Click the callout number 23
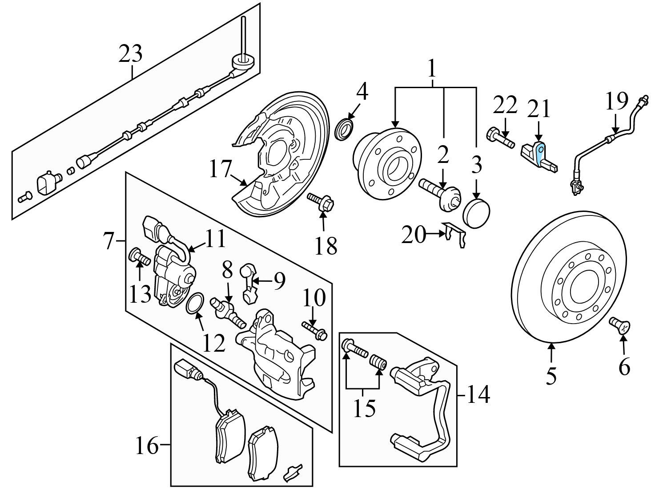pyautogui.click(x=130, y=54)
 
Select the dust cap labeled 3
pyautogui.click(x=476, y=214)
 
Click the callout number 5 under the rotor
pyautogui.click(x=551, y=376)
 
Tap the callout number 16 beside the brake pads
pyautogui.click(x=147, y=446)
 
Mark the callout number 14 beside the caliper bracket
pyautogui.click(x=478, y=394)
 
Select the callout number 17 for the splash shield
pyautogui.click(x=221, y=169)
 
